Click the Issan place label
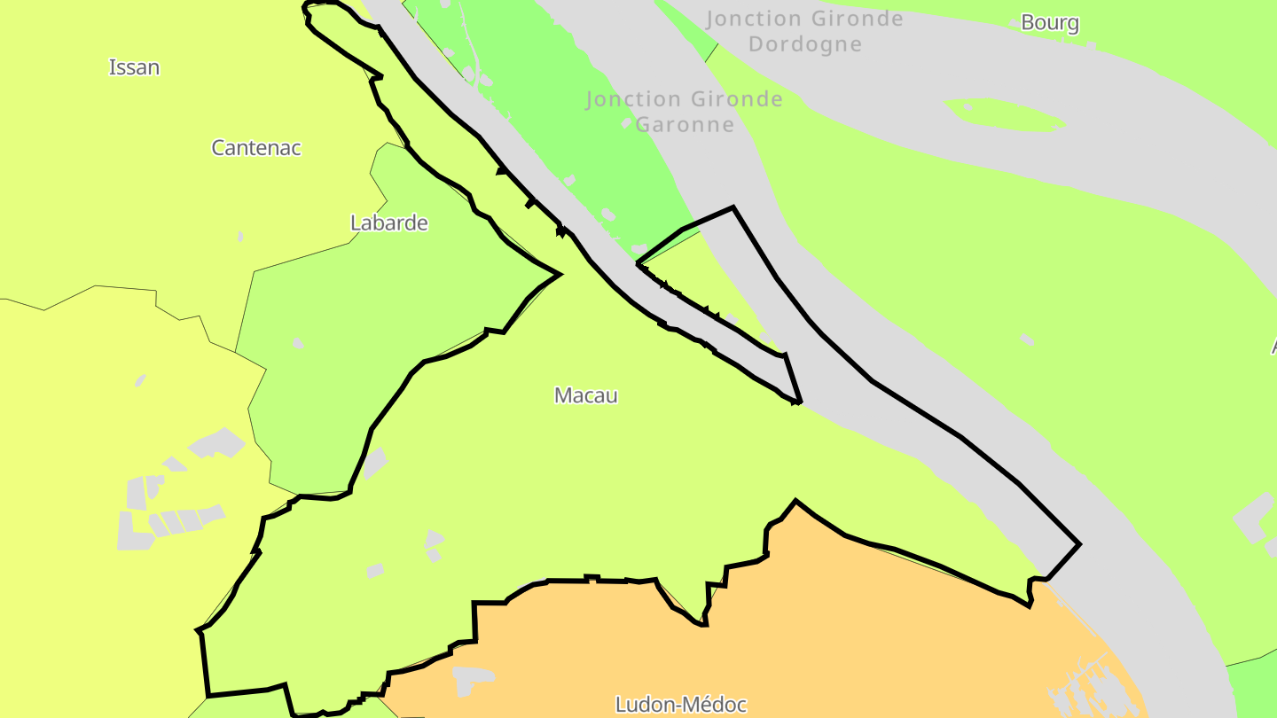pyautogui.click(x=134, y=67)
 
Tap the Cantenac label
pyautogui.click(x=255, y=148)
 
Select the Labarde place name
pyautogui.click(x=388, y=222)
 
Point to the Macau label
pyautogui.click(x=585, y=395)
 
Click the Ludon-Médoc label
pyautogui.click(x=681, y=705)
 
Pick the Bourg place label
pyautogui.click(x=1049, y=22)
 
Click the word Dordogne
pyautogui.click(x=804, y=44)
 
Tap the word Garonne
pyautogui.click(x=685, y=124)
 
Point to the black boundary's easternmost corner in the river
pyautogui.click(x=1079, y=543)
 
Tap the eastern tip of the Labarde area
pyautogui.click(x=558, y=274)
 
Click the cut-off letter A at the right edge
pyautogui.click(x=1273, y=347)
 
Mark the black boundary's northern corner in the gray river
pyautogui.click(x=733, y=208)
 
